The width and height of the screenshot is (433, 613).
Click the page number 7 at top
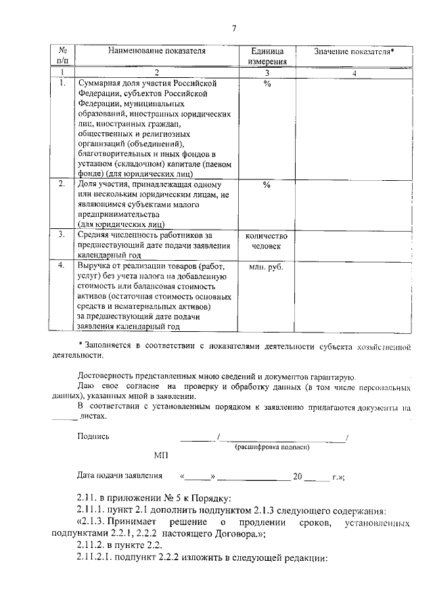[x=234, y=28]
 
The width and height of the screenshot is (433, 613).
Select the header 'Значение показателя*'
[x=354, y=51]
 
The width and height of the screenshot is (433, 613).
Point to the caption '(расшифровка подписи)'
[x=272, y=447]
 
